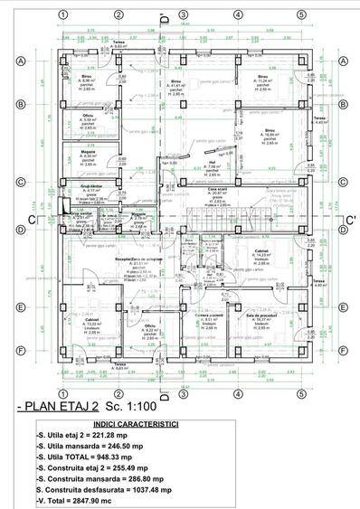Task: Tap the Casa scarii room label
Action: pos(218,189)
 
